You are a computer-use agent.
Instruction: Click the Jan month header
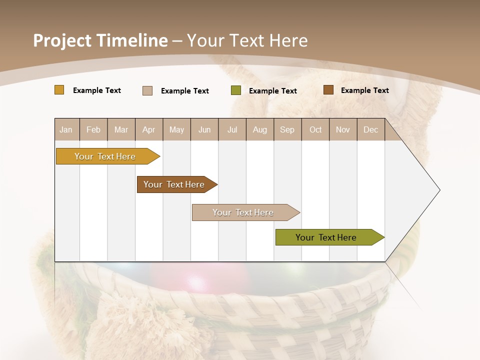(66, 129)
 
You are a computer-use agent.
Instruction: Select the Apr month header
(148, 129)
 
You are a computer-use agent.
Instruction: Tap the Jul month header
(232, 129)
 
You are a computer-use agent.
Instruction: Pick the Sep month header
(287, 129)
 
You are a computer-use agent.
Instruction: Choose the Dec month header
(370, 129)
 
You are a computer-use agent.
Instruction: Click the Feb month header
(93, 129)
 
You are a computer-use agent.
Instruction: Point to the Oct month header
(315, 129)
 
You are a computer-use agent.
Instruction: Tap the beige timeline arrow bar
(243, 212)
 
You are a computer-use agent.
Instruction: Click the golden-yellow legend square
(59, 90)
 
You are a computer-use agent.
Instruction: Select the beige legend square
(147, 90)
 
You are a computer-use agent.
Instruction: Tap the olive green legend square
(236, 90)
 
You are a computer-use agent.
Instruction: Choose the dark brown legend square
(328, 90)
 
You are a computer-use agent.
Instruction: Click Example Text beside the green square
(272, 91)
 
